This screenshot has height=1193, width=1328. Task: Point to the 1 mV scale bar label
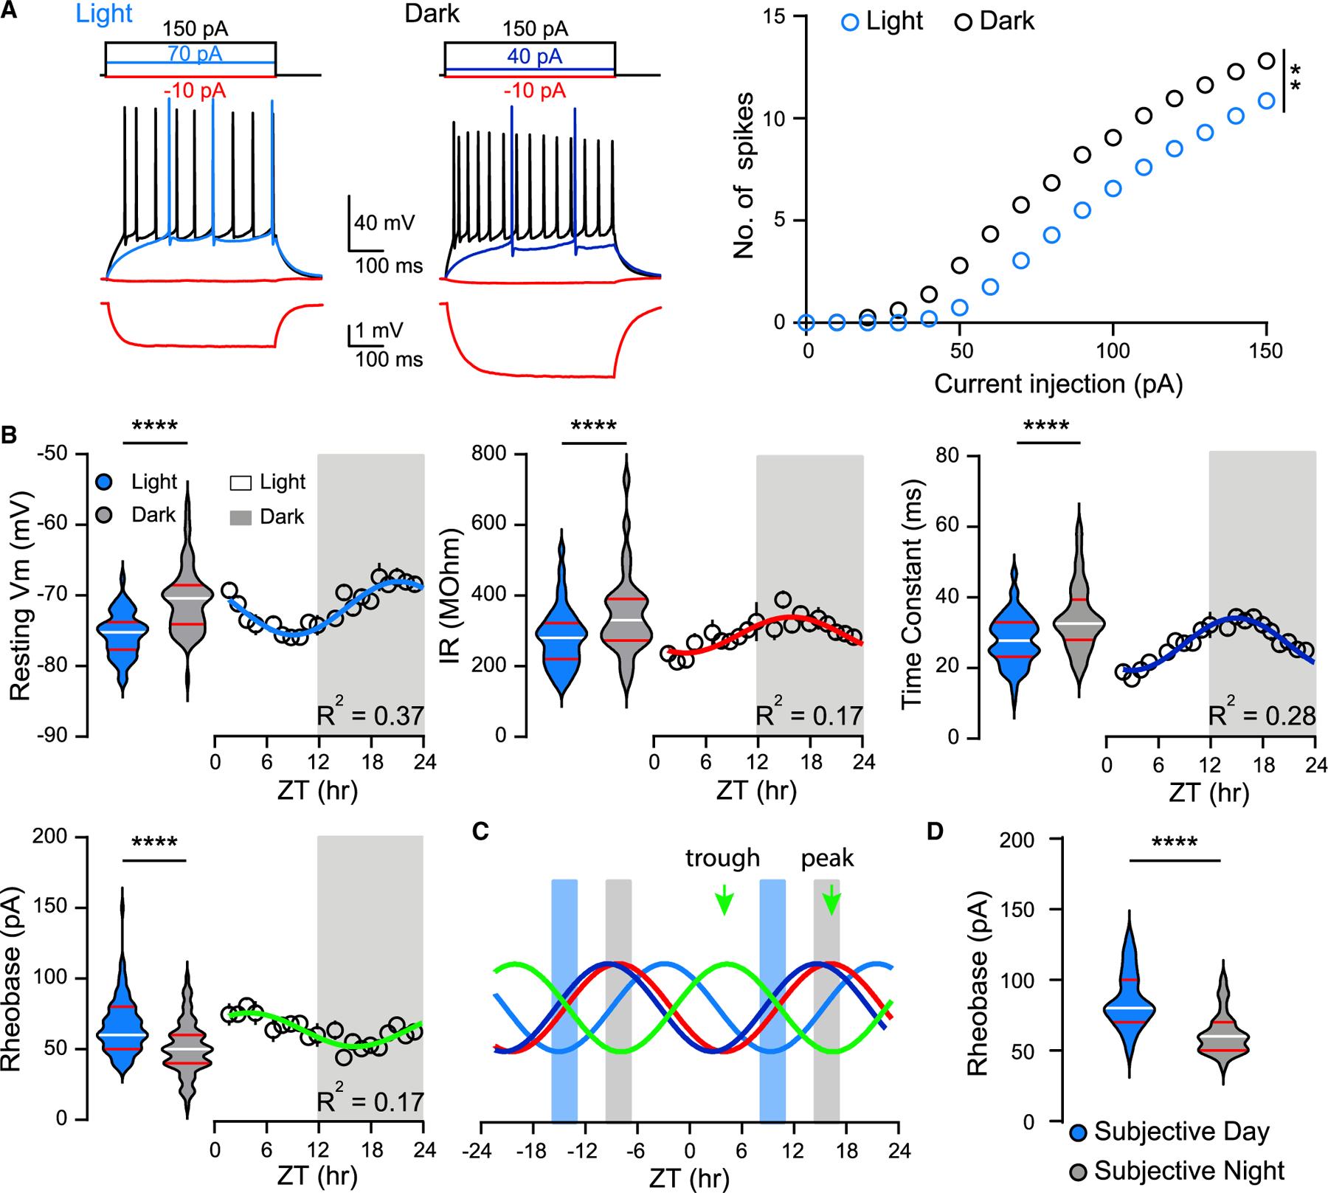coord(378,331)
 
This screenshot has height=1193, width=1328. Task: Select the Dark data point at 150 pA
coord(1266,61)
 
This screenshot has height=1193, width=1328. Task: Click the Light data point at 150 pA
coord(1266,100)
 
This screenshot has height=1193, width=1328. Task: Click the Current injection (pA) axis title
coord(1058,384)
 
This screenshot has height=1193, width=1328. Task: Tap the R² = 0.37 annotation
coord(370,715)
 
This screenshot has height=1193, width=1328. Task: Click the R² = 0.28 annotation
coord(1262,715)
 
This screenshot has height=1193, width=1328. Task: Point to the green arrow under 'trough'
coord(724,899)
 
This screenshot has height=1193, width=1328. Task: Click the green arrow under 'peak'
coord(831,899)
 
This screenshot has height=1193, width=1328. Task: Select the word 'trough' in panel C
coord(722,858)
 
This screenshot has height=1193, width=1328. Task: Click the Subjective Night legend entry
coord(1177,1171)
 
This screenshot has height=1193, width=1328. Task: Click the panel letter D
coord(935,831)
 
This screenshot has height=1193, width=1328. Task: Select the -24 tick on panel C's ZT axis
coord(481,1150)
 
